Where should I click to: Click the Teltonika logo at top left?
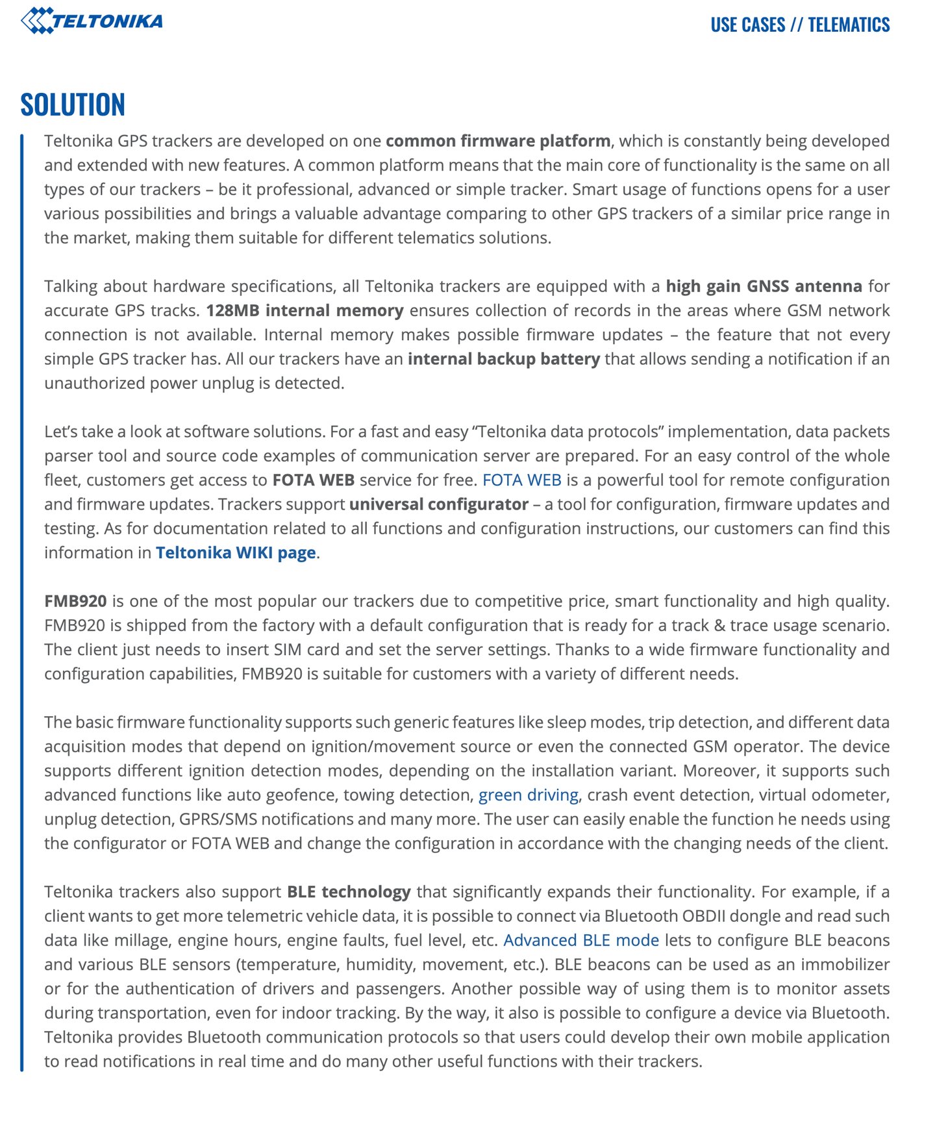[92, 21]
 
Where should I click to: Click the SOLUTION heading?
[73, 105]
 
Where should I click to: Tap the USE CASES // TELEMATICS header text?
[800, 25]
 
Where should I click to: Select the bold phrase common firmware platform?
[497, 141]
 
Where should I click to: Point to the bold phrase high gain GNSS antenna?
[764, 286]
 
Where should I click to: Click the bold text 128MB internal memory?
[305, 310]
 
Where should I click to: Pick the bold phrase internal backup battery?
[503, 359]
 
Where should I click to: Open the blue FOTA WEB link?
[521, 480]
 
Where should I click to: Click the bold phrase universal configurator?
[438, 504]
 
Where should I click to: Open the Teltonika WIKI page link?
[236, 552]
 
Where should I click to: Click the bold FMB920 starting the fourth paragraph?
[75, 601]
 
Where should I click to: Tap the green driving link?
[528, 795]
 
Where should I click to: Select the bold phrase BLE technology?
[349, 892]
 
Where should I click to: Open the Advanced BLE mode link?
[580, 940]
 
